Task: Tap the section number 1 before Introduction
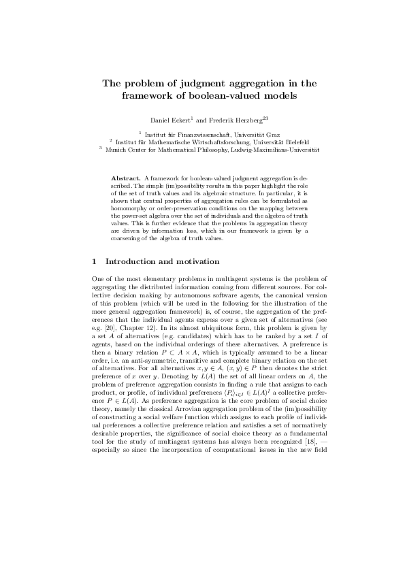[x=94, y=261]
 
